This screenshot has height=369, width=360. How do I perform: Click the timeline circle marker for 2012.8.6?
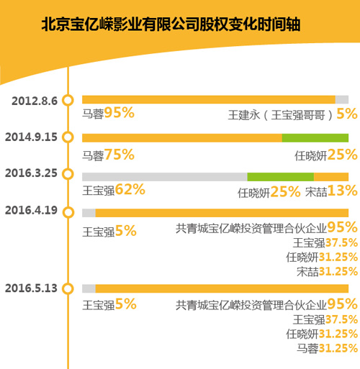tap(68, 100)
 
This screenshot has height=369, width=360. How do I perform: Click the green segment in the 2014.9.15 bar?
tap(315, 137)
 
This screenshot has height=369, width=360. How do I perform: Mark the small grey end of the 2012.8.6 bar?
tap(341, 100)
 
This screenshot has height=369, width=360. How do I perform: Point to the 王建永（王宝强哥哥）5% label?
tap(292, 114)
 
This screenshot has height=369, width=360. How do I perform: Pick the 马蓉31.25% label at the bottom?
tap(327, 348)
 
